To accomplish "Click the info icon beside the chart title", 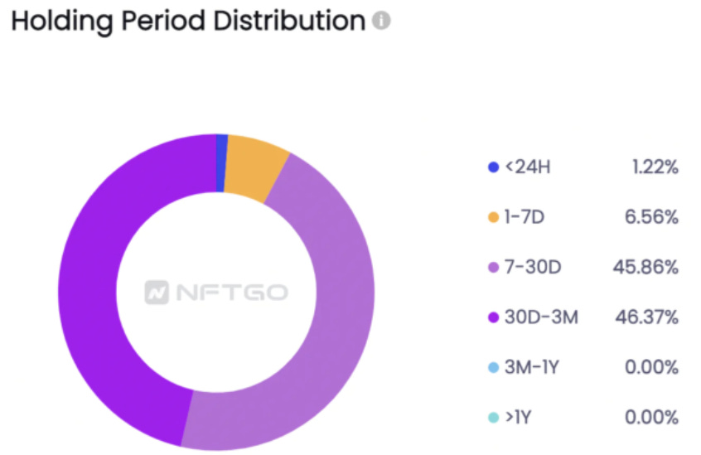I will click(381, 22).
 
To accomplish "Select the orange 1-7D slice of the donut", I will click(255, 168).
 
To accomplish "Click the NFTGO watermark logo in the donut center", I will click(216, 293).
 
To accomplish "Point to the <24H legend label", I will click(528, 167).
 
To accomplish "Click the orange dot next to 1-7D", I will click(494, 217).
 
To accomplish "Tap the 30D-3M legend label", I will click(541, 317).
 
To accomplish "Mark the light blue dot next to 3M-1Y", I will click(494, 367).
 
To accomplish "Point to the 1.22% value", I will click(653, 167).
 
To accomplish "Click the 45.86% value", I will click(646, 267).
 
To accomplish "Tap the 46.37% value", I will click(646, 317).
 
